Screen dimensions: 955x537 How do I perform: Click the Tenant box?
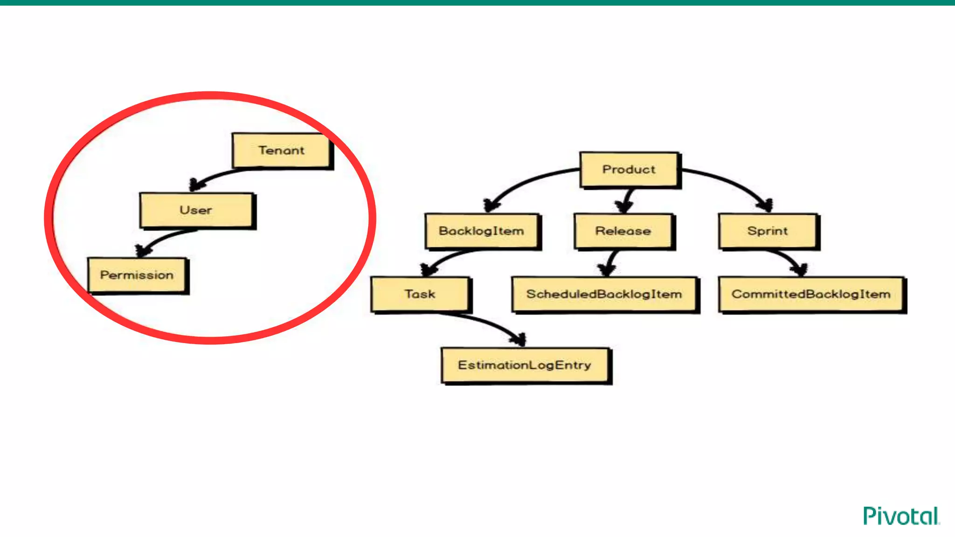[x=281, y=150]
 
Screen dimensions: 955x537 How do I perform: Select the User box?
[x=196, y=210]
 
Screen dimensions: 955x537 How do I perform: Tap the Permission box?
[x=137, y=275]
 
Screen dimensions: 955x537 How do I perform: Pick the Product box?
[x=629, y=169]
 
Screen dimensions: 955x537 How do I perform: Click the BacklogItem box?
[x=481, y=231]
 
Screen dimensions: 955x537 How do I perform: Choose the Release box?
[x=623, y=231]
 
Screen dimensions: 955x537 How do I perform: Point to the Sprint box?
[x=768, y=231]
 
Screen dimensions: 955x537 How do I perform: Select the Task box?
[x=420, y=294]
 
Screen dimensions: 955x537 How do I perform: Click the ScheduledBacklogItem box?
[x=604, y=294]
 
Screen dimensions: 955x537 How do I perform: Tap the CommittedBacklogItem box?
[x=811, y=294]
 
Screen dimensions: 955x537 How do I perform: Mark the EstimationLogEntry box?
[x=525, y=365]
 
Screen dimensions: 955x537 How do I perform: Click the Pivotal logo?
[x=901, y=516]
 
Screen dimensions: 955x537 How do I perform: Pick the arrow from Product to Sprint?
[x=732, y=182]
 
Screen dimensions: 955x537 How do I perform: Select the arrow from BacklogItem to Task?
[x=448, y=257]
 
